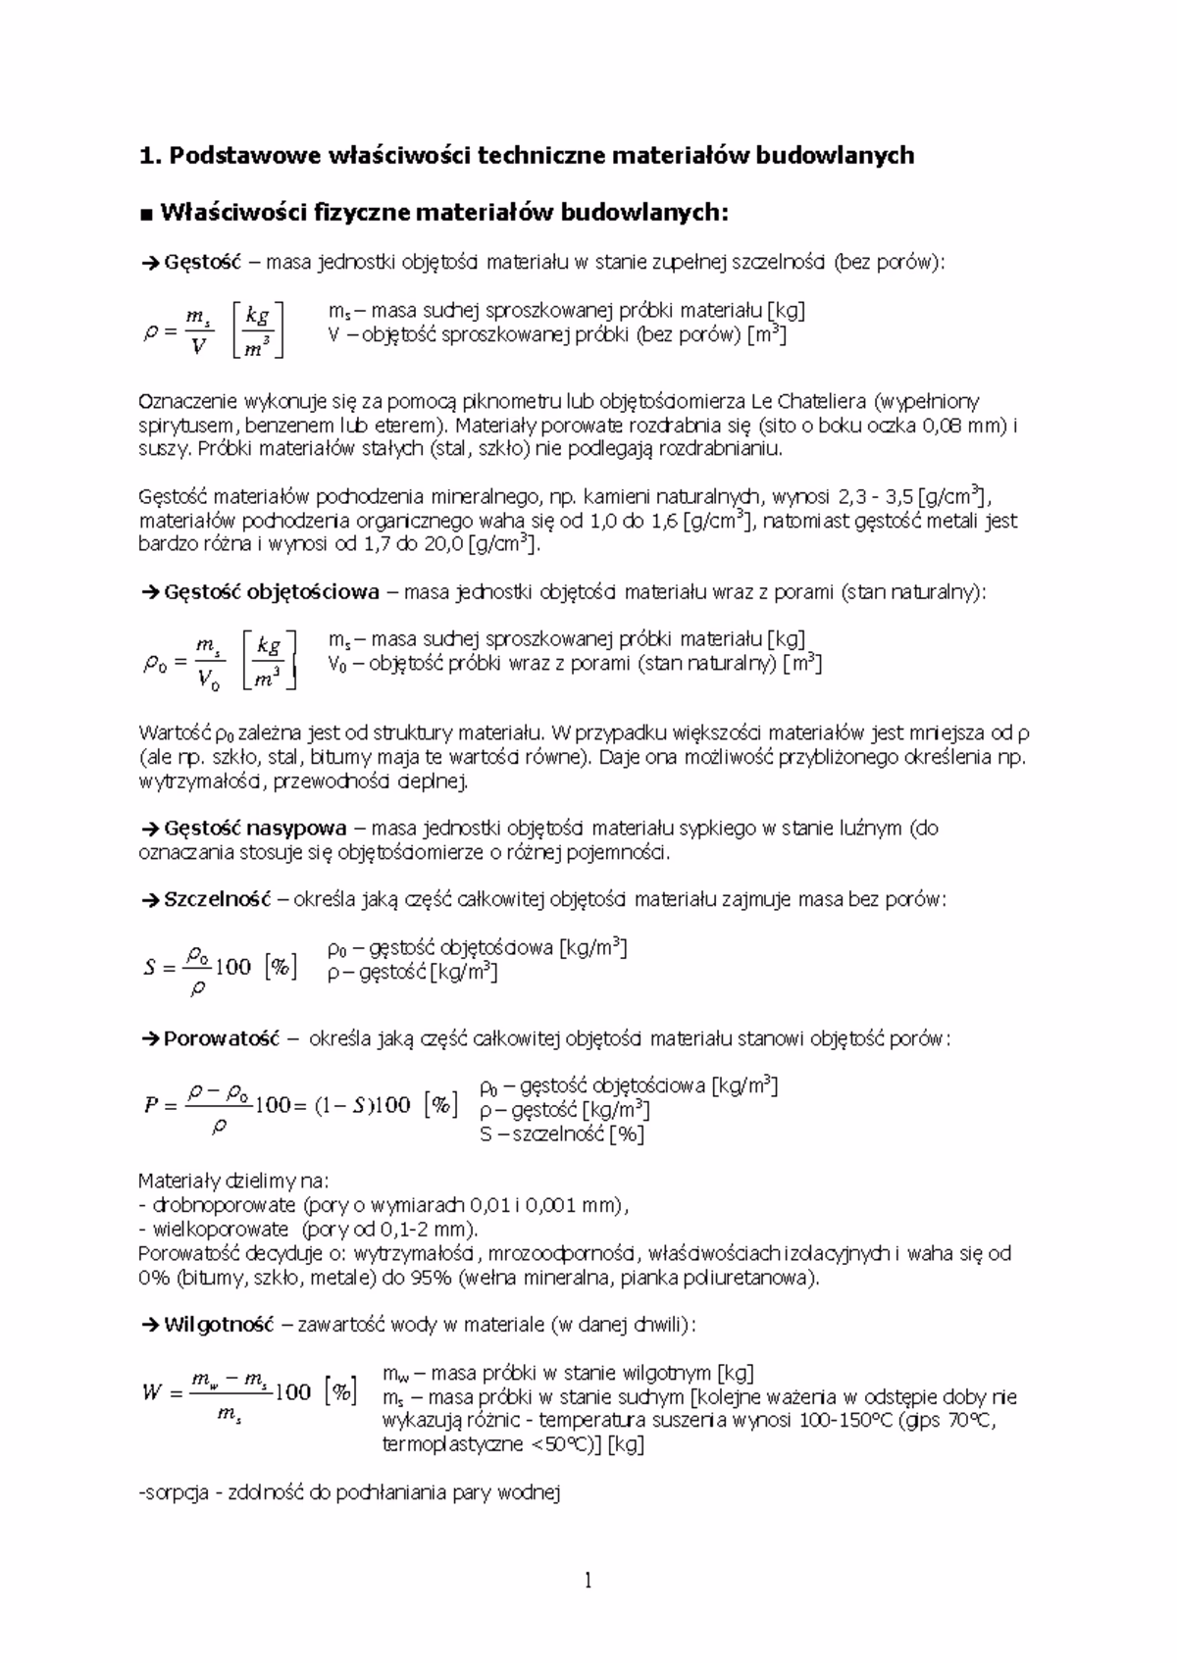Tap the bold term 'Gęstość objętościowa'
point(272,592)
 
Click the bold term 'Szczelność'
point(217,900)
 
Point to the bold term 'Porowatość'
point(222,1038)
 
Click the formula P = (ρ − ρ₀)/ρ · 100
point(299,1105)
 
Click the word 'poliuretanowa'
point(750,1278)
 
